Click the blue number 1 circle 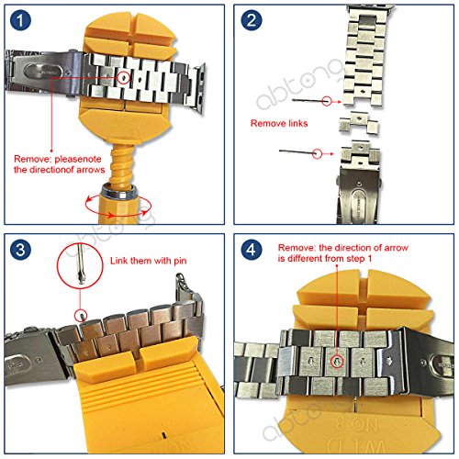pyautogui.click(x=20, y=20)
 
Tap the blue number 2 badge pyautogui.click(x=252, y=20)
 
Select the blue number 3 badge pyautogui.click(x=20, y=250)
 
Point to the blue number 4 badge pyautogui.click(x=252, y=250)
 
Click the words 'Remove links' pyautogui.click(x=279, y=123)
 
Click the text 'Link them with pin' pyautogui.click(x=149, y=261)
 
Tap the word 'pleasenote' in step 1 pyautogui.click(x=78, y=159)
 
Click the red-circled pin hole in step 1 pyautogui.click(x=123, y=78)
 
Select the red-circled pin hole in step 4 pyautogui.click(x=337, y=362)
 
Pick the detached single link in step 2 pyautogui.click(x=359, y=123)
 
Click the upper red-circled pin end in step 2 pyautogui.click(x=327, y=101)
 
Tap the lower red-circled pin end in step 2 pyautogui.click(x=318, y=153)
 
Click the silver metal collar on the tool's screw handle pyautogui.click(x=119, y=192)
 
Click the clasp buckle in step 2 pyautogui.click(x=359, y=195)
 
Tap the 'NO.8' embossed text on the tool pyautogui.click(x=356, y=425)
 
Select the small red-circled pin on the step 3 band pyautogui.click(x=81, y=315)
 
